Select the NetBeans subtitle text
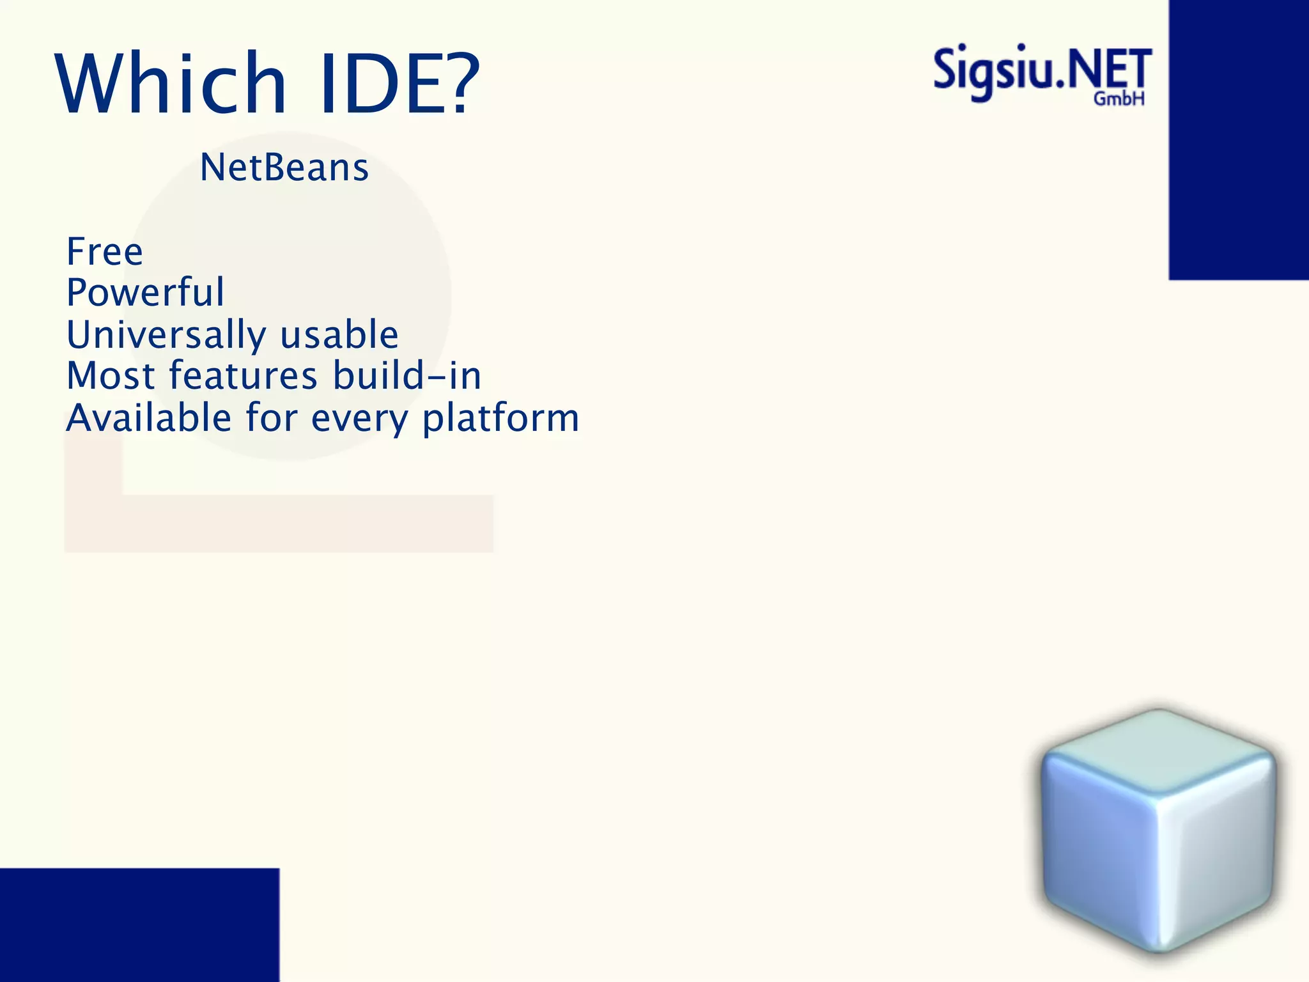pyautogui.click(x=284, y=168)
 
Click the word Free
pyautogui.click(x=105, y=251)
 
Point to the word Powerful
pyautogui.click(x=145, y=293)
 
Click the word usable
pyautogui.click(x=339, y=335)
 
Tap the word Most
pyautogui.click(x=111, y=376)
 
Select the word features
pyautogui.click(x=243, y=376)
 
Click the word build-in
pyautogui.click(x=407, y=376)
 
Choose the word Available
pyautogui.click(x=148, y=418)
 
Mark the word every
pyautogui.click(x=359, y=419)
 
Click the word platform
pyautogui.click(x=500, y=418)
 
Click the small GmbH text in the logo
pyautogui.click(x=1119, y=99)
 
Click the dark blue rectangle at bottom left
pyautogui.click(x=139, y=924)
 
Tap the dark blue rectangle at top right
pyautogui.click(x=1238, y=139)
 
